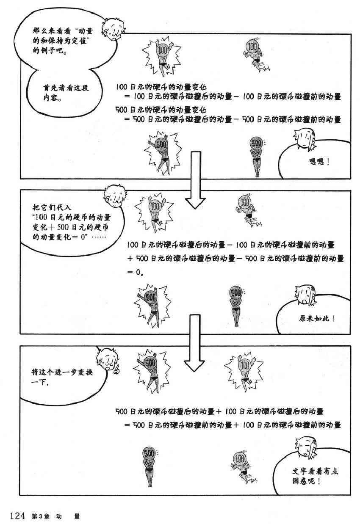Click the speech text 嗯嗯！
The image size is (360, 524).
point(320,161)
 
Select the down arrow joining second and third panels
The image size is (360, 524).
point(194,342)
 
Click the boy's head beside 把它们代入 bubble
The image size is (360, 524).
point(115,195)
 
